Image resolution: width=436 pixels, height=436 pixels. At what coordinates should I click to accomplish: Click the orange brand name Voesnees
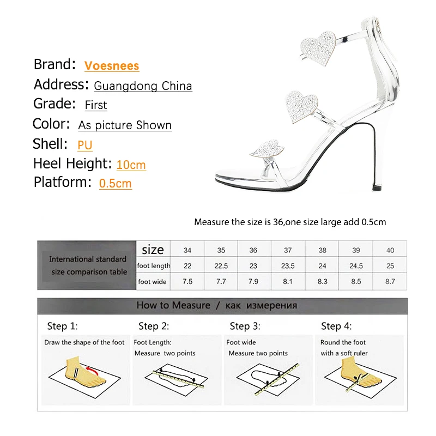click(112, 66)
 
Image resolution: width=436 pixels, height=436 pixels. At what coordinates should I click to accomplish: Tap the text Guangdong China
click(143, 86)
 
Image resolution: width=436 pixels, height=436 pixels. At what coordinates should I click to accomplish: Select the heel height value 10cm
click(131, 164)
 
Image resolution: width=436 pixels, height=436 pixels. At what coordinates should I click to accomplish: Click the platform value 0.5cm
click(116, 183)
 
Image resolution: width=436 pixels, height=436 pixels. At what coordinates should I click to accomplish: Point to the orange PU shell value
click(85, 145)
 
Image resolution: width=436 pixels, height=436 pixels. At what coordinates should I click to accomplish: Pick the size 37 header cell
click(288, 251)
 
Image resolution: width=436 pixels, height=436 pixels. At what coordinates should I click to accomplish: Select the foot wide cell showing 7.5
click(187, 282)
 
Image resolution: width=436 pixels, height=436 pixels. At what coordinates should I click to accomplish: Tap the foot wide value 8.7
click(390, 282)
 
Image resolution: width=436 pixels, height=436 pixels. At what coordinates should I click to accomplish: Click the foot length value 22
click(187, 266)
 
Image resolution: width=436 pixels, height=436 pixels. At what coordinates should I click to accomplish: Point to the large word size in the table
click(153, 250)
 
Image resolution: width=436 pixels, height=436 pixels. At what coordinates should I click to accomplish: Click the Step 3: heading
click(245, 326)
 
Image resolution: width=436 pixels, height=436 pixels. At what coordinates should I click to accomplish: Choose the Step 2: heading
click(154, 326)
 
